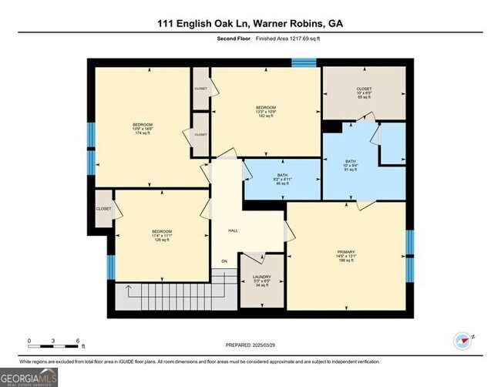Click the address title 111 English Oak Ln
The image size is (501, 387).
coord(250,23)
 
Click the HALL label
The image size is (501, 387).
coord(232,231)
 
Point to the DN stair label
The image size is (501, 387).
coord(224,262)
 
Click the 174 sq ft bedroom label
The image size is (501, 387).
coord(142,129)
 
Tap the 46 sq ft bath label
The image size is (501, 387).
coord(283,180)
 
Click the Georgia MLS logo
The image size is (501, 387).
coord(29,376)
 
